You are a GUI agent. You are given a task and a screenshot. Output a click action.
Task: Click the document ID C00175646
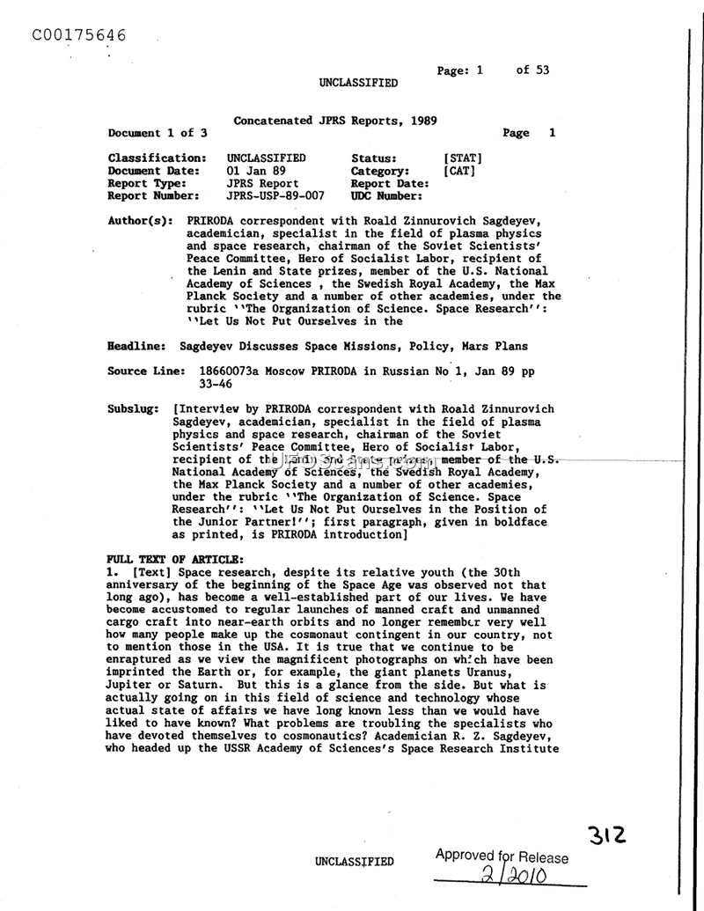coord(78,35)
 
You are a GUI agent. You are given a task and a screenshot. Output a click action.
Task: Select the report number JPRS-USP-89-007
coord(275,196)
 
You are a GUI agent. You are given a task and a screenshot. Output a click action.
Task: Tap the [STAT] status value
coord(463,158)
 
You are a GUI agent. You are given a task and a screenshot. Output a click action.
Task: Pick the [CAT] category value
coord(459,171)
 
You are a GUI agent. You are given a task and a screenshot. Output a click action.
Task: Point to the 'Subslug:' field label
coord(134,409)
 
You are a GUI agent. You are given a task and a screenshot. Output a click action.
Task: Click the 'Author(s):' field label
coord(140,222)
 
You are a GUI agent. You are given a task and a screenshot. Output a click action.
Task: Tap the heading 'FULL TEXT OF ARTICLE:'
coord(174,560)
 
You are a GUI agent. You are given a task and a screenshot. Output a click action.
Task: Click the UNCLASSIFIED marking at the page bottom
coord(354,862)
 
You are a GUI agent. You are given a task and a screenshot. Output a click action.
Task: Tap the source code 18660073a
coord(231,371)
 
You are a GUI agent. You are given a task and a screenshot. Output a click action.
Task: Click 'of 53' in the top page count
coord(532,70)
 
